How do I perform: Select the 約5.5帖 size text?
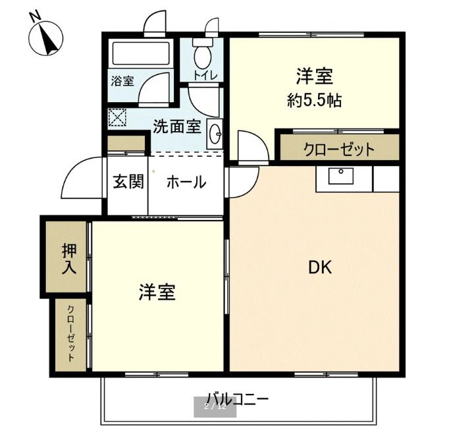pyautogui.click(x=314, y=101)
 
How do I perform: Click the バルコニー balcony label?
pyautogui.click(x=238, y=399)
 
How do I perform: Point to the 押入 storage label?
pyautogui.click(x=69, y=259)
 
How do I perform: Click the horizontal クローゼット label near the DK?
pyautogui.click(x=338, y=149)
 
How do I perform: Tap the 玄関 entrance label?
pyautogui.click(x=128, y=182)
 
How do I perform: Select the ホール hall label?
pyautogui.click(x=186, y=182)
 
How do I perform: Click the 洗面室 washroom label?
pyautogui.click(x=176, y=126)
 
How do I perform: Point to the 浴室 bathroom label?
pyautogui.click(x=122, y=82)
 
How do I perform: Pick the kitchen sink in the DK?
pyautogui.click(x=341, y=177)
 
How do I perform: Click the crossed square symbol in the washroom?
pyautogui.click(x=117, y=118)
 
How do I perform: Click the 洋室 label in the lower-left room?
pyautogui.click(x=157, y=292)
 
